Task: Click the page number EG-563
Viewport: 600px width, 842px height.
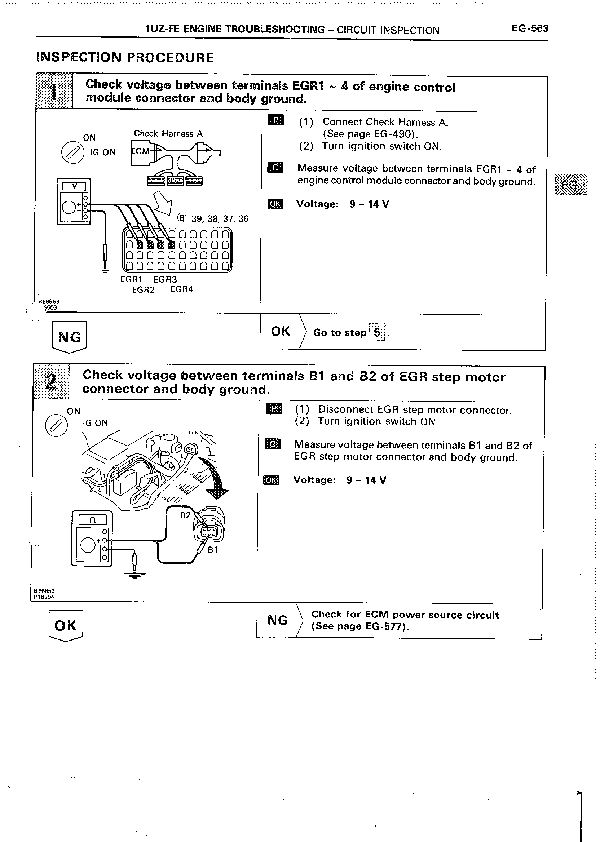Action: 530,28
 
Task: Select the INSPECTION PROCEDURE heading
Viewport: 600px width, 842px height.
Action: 125,58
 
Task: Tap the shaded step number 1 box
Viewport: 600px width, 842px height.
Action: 54,91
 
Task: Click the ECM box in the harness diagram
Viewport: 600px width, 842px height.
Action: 140,151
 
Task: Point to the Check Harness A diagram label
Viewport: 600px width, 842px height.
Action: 168,134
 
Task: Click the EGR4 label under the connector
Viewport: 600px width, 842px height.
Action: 182,289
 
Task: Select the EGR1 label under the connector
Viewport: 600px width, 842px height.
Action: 131,280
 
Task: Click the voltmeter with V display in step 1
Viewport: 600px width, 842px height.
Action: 74,201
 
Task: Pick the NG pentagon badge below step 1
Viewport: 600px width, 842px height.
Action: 69,336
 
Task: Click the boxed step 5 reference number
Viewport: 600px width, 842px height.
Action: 376,332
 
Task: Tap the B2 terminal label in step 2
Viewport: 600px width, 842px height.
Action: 185,515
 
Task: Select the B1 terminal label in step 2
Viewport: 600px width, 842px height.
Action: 212,550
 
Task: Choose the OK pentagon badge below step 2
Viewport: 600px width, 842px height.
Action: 66,625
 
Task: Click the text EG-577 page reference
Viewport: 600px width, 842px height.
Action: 386,626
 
